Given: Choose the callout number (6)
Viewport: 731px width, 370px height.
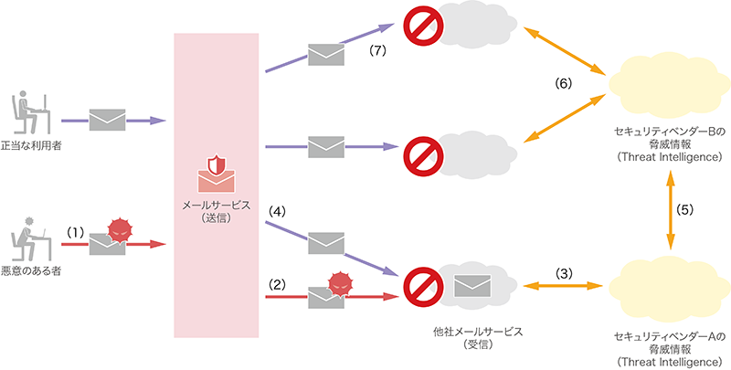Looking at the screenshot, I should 564,84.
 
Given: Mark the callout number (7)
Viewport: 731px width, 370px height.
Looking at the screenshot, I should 375,51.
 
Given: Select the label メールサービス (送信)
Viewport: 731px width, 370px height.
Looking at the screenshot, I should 215,211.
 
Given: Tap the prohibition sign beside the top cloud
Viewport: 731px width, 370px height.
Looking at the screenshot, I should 421,27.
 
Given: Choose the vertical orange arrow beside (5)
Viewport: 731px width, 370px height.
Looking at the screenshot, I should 672,209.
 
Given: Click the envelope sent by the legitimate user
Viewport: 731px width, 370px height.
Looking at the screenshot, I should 108,119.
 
